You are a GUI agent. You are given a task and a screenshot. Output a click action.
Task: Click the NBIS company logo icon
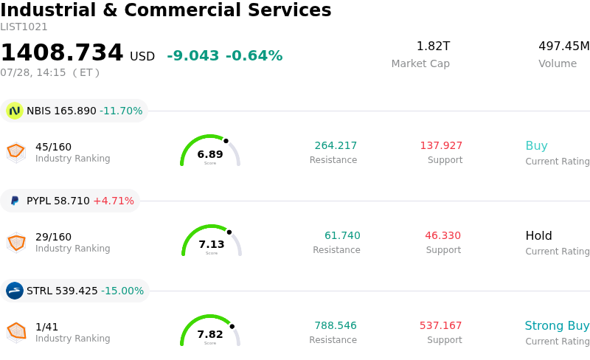15,111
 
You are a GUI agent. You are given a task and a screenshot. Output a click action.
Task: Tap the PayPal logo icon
15,201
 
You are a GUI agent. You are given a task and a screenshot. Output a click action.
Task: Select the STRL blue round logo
15,291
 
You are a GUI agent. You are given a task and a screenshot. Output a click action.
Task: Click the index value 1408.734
62,52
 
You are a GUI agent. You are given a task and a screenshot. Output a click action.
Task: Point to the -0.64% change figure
254,55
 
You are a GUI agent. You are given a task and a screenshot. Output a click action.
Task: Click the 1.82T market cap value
433,46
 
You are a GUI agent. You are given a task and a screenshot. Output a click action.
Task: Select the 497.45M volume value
564,46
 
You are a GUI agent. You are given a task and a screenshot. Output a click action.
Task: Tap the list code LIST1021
24,27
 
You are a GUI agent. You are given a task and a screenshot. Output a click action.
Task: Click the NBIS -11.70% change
121,111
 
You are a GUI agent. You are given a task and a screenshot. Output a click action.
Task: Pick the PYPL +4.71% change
114,201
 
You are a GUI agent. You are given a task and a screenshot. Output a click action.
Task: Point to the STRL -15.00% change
122,291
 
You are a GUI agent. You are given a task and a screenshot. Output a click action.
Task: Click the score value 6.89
210,154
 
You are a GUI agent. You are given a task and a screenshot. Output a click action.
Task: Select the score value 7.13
212,244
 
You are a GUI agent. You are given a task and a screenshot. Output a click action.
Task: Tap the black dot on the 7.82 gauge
232,327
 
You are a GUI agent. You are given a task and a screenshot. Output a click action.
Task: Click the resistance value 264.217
336,145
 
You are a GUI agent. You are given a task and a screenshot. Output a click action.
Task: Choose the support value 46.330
443,235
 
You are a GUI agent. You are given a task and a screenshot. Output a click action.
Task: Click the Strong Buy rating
557,325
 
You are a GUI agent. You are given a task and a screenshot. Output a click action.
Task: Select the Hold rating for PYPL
539,235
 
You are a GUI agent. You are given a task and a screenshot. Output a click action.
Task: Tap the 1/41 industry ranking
46,327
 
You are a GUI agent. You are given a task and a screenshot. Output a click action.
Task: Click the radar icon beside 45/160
16,153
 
